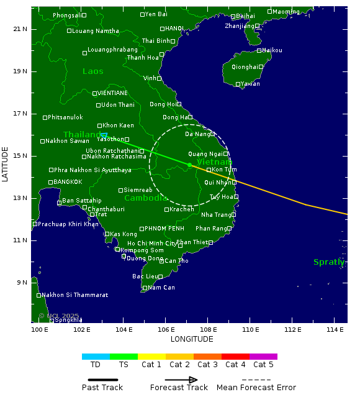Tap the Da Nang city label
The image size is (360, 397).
coord(197,134)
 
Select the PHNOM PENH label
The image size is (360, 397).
coord(163,229)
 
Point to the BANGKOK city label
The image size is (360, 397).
coord(68,182)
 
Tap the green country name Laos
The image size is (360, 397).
coord(93,71)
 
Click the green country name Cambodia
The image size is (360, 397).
coord(146,198)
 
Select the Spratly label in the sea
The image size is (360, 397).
coord(329,262)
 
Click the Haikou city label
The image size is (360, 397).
coord(272,50)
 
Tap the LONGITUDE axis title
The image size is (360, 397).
coord(192,339)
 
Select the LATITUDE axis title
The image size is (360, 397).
coord(6,164)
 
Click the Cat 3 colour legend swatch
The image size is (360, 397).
coord(207,357)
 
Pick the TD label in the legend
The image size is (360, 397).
coord(96,365)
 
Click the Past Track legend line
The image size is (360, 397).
coord(99,380)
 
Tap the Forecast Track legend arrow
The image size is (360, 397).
coord(181,380)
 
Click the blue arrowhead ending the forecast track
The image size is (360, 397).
coord(104,135)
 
